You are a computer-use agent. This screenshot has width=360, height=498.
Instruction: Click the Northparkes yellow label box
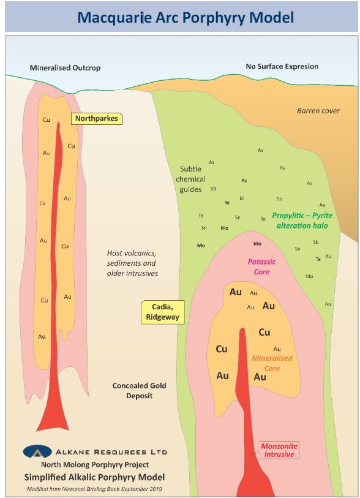97,118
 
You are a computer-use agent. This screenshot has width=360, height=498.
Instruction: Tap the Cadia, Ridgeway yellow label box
162,312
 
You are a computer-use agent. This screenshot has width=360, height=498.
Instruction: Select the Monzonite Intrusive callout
279,450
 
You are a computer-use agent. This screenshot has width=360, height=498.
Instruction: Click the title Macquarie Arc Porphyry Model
186,18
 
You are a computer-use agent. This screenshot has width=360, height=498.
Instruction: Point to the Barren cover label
318,111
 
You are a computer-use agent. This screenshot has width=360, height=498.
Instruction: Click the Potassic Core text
261,267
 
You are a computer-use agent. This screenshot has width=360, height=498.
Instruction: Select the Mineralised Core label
272,363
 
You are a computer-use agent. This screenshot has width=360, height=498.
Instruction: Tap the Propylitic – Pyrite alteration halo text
302,221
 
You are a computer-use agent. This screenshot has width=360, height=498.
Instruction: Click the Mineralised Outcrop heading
65,68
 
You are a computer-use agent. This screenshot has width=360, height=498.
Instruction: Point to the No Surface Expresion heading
282,66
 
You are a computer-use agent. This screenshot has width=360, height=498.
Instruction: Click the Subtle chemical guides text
190,179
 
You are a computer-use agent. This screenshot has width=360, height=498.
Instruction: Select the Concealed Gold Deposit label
140,391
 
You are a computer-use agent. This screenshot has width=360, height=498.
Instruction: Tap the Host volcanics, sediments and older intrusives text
132,263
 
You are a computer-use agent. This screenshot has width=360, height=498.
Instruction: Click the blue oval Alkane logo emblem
37,451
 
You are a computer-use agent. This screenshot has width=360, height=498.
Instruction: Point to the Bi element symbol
242,198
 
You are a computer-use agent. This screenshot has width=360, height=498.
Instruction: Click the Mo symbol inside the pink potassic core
258,244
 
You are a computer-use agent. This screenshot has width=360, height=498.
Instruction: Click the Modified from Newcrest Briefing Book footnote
94,489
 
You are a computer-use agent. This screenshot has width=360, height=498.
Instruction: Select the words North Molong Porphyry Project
95,465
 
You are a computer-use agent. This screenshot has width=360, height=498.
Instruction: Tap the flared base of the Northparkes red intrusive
53,419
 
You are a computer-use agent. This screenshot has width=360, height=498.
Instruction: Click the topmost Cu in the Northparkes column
47,119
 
